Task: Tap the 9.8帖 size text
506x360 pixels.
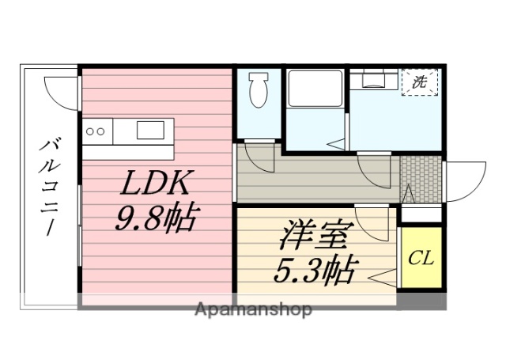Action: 156,217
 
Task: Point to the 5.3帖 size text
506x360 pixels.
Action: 315,271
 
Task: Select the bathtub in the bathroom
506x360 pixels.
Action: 314,89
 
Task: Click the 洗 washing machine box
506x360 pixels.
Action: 419,82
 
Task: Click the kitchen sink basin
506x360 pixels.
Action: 150,129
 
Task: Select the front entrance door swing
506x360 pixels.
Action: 466,178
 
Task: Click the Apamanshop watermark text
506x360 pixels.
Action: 253,309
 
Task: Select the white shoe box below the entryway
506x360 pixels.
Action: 421,214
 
